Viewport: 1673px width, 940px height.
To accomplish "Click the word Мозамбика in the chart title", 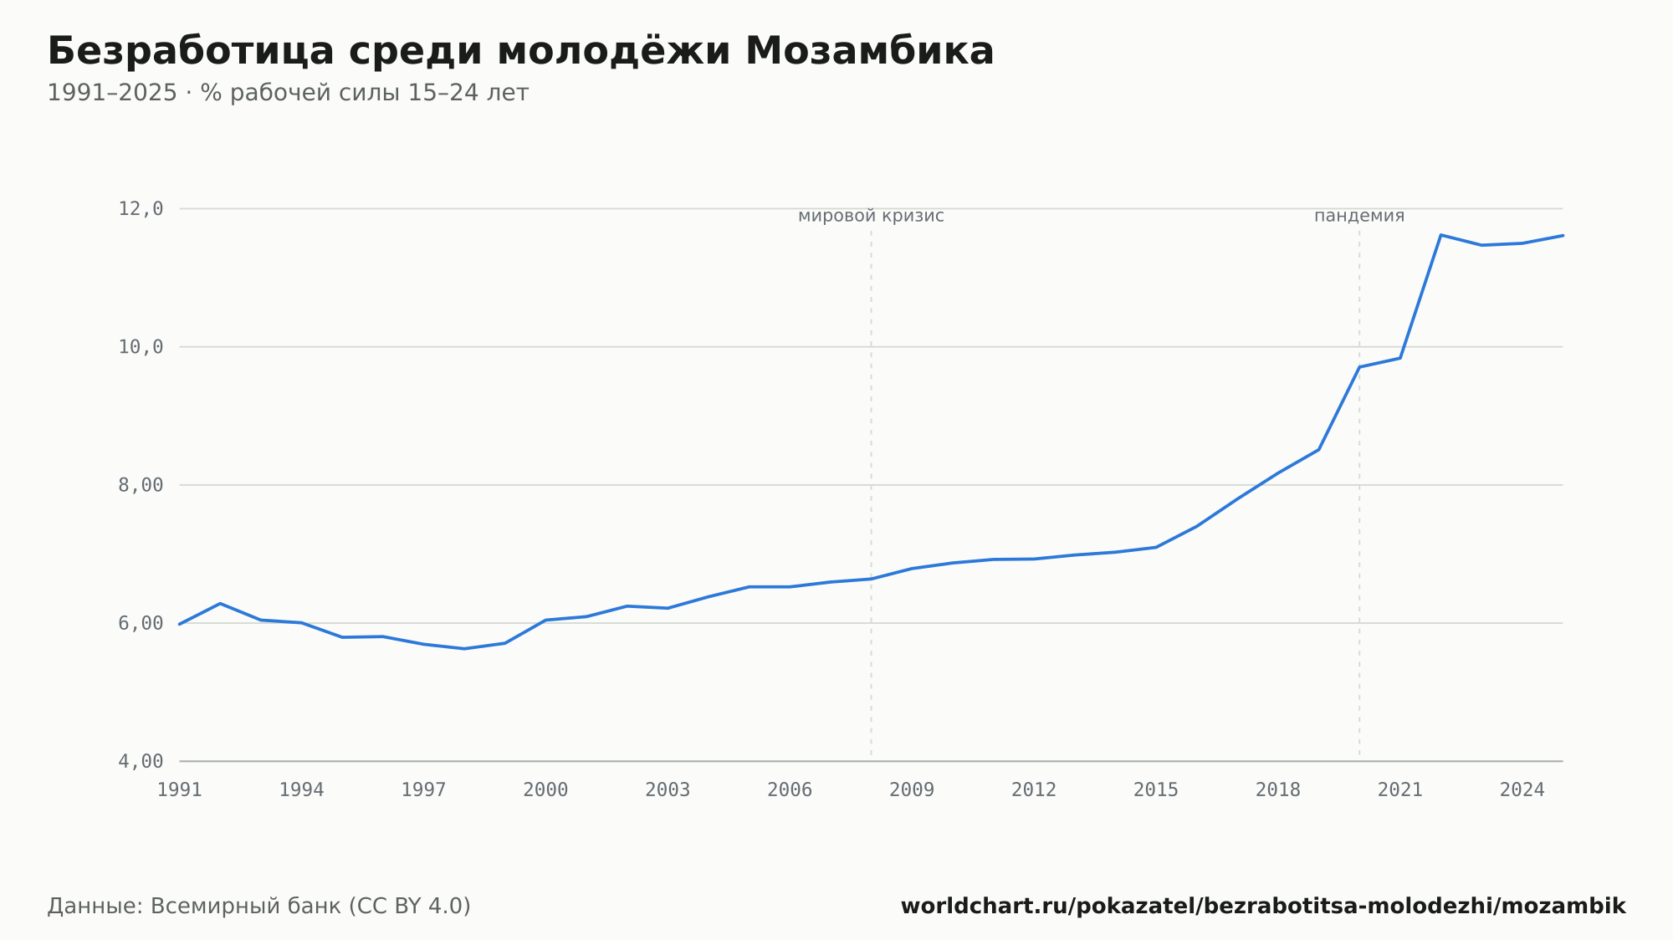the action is [x=869, y=51].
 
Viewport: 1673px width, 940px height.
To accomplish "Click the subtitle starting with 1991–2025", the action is [x=288, y=93].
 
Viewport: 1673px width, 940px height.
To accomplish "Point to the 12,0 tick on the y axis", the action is [x=141, y=209].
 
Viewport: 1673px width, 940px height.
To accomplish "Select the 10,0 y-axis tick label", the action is [x=141, y=347].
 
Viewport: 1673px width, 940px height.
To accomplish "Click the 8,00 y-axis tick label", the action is [x=141, y=485].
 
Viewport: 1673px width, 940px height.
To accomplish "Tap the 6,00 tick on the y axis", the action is [x=141, y=623].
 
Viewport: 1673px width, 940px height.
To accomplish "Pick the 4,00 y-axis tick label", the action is [x=141, y=761].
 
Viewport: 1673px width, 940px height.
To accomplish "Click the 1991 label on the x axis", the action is [x=180, y=790].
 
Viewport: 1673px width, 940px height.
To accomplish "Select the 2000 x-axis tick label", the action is [x=545, y=790].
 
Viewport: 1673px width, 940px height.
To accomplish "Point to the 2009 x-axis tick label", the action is [x=912, y=790].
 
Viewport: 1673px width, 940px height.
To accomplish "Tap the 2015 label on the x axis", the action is [x=1156, y=790].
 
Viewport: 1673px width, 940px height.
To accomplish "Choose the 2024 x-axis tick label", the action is [x=1522, y=790].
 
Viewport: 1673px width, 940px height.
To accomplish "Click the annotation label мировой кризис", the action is [x=871, y=217].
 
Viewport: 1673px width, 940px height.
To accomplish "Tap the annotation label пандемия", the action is [x=1359, y=216].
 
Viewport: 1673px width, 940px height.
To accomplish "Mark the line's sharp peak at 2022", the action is [x=1440, y=235].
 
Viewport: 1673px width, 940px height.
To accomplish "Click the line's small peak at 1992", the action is [x=220, y=603].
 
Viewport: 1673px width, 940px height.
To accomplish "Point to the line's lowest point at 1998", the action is [x=464, y=649].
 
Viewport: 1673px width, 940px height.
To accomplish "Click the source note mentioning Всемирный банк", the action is [x=259, y=907].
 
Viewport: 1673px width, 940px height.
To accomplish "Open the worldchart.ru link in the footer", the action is [x=1263, y=907].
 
